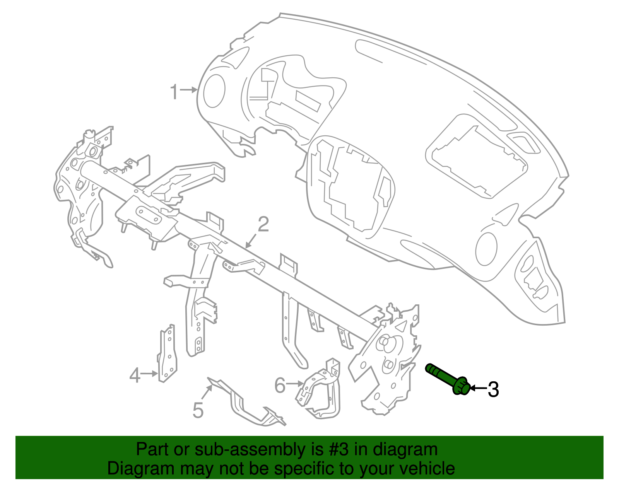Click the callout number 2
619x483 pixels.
coord(263,225)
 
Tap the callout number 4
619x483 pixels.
coord(134,375)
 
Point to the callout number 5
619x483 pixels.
coord(198,410)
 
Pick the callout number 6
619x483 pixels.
coord(280,385)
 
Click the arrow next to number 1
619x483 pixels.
coord(189,90)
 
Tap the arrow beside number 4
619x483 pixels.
coord(149,374)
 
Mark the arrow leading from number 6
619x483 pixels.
coord(295,383)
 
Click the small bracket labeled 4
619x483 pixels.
coord(168,354)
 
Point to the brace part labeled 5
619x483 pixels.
coord(248,406)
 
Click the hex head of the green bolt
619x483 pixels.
coord(461,386)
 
